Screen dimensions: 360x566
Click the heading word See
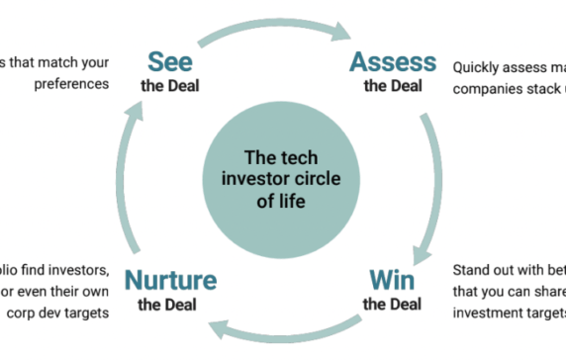[170, 61]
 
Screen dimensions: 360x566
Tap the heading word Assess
[392, 61]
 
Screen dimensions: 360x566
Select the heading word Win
[392, 280]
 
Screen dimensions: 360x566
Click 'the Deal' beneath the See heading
[169, 86]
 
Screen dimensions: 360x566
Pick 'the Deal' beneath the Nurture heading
[169, 305]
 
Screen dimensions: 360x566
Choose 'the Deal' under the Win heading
[392, 304]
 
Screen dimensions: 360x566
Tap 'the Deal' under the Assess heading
[392, 86]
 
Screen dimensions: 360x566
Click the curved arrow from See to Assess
[281, 25]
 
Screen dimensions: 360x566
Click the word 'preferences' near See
[71, 84]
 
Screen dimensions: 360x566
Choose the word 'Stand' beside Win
[472, 269]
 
